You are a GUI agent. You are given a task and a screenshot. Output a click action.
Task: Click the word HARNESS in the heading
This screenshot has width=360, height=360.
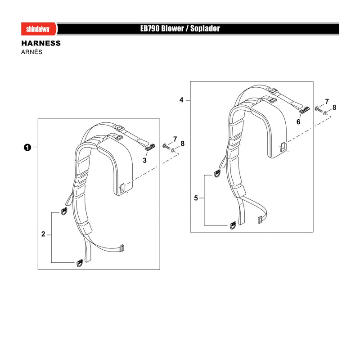coord(41,43)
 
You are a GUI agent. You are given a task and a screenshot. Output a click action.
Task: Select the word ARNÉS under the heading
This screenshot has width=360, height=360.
coord(31,52)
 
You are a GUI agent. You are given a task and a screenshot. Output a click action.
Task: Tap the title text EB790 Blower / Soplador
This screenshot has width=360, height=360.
coord(180,28)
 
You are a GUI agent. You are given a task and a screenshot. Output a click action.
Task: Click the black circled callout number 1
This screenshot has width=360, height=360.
coord(27,147)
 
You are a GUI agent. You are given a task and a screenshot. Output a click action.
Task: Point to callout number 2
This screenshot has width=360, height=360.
coord(43,234)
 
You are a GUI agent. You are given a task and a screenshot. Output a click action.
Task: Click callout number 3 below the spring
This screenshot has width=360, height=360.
coord(144,160)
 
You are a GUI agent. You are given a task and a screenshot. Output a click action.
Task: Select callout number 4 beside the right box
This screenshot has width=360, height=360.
coord(181,100)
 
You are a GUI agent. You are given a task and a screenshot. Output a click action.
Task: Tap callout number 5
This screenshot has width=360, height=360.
coord(196,198)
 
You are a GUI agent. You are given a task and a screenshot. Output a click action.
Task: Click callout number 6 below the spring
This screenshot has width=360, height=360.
coord(298,121)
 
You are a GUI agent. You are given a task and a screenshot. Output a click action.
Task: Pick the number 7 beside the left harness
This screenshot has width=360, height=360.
coord(175,139)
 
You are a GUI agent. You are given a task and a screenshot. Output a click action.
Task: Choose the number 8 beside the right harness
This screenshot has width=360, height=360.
coord(334,108)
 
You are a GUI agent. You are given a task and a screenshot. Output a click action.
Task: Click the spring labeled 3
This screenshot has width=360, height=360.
coord(150,147)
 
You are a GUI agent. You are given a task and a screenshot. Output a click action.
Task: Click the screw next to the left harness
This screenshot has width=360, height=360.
coord(166,146)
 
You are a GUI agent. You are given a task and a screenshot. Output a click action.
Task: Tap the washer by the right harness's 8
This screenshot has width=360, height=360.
coord(325,113)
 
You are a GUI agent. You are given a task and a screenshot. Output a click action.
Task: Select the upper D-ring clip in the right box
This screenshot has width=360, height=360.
coord(217,173)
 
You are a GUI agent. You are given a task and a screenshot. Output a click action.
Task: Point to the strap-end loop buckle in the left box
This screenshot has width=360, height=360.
coord(121,248)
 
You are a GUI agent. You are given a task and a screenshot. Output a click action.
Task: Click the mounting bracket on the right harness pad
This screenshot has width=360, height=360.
coord(283,147)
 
